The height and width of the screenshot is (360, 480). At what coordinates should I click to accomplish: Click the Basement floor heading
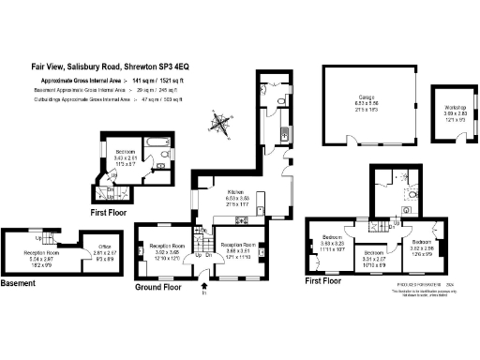coord(19,282)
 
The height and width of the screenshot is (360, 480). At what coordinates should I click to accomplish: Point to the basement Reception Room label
coord(41,252)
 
